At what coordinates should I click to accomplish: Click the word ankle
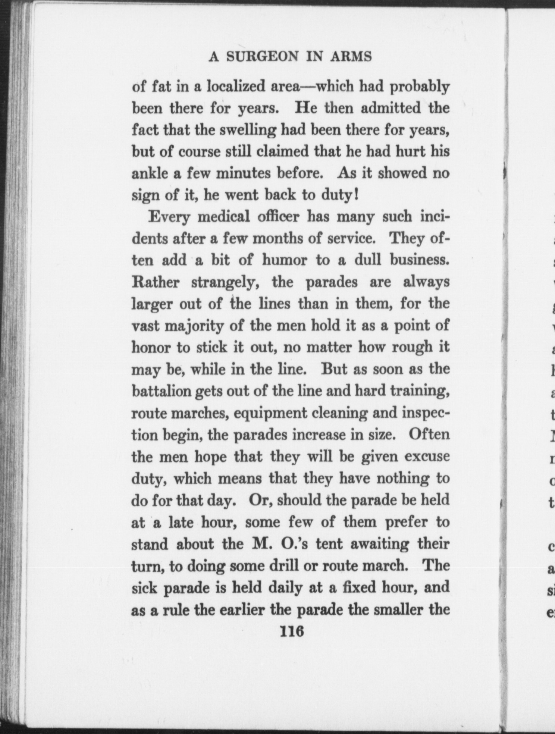(148, 173)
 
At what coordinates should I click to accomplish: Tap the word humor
(284, 260)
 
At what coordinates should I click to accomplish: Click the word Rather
(156, 282)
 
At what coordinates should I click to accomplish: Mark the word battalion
(161, 391)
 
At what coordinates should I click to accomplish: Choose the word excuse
(427, 457)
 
